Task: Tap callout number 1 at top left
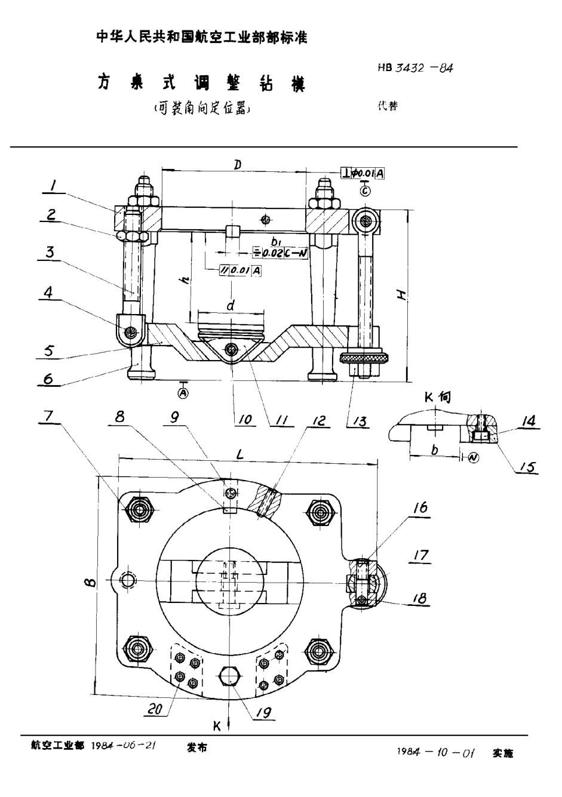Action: tap(54, 187)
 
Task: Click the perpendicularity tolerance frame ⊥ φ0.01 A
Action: tap(363, 173)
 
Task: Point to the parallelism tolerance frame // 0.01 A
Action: tap(241, 270)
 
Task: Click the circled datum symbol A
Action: tap(184, 392)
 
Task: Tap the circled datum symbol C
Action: tap(366, 192)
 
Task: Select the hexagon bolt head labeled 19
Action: tap(231, 676)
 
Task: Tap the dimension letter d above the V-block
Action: tap(231, 306)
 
